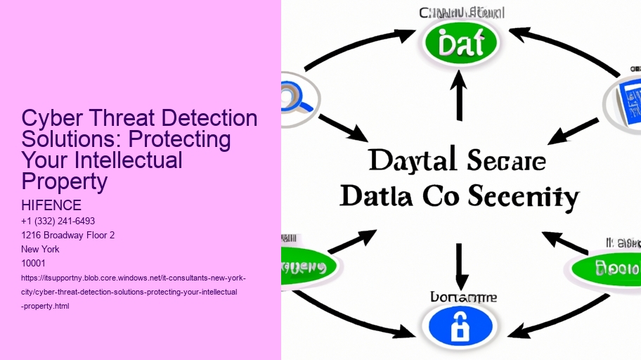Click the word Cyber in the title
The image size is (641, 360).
point(51,118)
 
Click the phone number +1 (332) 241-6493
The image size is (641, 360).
point(58,221)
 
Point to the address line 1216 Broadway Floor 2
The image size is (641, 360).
point(67,235)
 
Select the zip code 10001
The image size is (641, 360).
point(33,263)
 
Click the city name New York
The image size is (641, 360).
point(40,249)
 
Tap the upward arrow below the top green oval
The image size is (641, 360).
point(460,98)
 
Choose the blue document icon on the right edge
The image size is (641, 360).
point(627,103)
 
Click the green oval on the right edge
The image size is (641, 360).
point(611,268)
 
